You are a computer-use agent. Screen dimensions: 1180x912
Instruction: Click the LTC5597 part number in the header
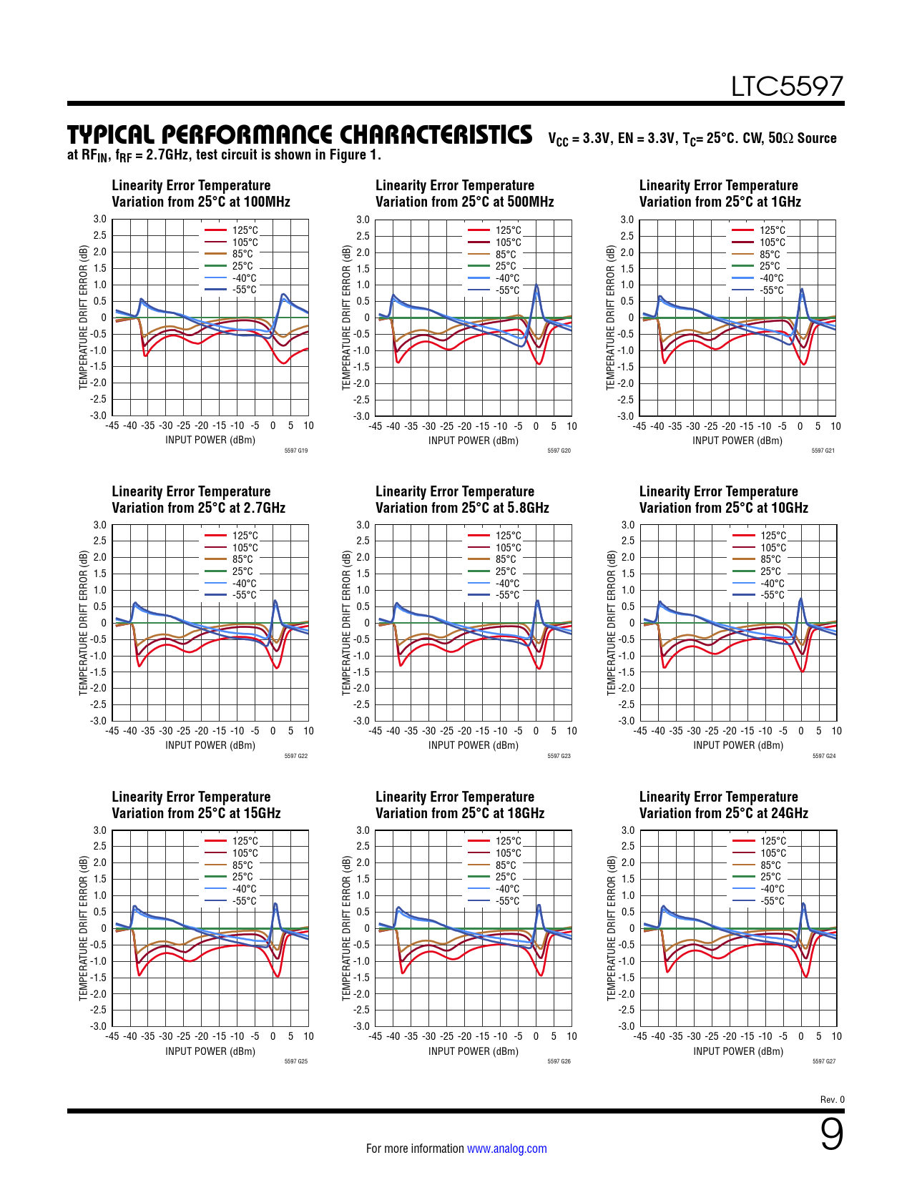(787, 87)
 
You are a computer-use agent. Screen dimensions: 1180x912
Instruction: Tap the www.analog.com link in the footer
(506, 1149)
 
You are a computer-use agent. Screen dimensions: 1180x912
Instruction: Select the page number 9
(831, 1135)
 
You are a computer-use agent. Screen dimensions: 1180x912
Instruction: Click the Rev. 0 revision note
(832, 1099)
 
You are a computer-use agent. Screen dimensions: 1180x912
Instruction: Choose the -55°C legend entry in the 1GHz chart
(771, 290)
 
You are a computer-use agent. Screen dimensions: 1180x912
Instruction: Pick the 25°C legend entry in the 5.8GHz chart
(505, 571)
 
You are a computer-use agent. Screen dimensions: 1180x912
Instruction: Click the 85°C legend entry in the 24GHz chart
(770, 865)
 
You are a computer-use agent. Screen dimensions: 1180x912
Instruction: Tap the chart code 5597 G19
(296, 451)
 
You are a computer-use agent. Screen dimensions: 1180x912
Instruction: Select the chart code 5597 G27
(824, 1061)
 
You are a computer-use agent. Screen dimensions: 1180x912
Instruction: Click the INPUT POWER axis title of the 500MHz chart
(474, 441)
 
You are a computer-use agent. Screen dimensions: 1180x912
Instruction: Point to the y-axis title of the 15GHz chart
(83, 928)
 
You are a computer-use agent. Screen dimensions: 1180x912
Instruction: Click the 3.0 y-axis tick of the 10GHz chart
(627, 525)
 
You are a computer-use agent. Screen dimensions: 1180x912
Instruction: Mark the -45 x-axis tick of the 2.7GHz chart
(112, 731)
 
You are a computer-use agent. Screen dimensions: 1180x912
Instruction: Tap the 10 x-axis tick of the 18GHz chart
(572, 1036)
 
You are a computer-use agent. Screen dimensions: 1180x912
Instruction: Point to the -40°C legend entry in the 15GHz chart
(244, 889)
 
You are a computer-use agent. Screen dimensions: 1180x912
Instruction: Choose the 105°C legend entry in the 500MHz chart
(508, 242)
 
